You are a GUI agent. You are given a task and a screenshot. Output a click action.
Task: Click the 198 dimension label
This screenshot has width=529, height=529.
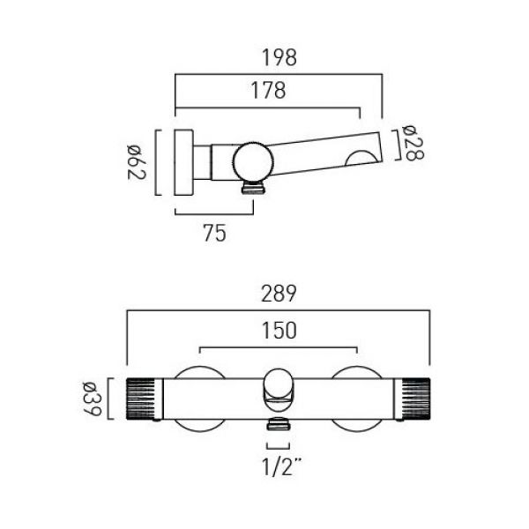(x=279, y=57)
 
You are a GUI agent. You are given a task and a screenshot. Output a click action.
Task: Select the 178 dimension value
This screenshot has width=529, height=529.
(x=268, y=91)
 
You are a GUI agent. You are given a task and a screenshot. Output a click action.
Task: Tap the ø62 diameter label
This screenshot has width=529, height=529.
(x=137, y=162)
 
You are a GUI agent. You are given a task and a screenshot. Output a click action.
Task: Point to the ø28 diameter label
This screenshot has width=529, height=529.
(x=414, y=144)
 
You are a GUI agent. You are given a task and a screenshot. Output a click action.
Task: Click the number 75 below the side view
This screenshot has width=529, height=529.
(x=215, y=234)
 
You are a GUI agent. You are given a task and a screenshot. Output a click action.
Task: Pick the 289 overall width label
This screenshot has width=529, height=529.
(x=279, y=294)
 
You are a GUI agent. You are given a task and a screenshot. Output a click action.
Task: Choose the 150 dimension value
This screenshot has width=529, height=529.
(x=279, y=331)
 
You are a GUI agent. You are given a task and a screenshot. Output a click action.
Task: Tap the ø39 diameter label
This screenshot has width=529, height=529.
(x=92, y=399)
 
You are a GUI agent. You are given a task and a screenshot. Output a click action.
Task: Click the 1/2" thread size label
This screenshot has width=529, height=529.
(x=282, y=467)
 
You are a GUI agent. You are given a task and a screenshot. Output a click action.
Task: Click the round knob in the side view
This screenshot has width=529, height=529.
(x=253, y=161)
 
